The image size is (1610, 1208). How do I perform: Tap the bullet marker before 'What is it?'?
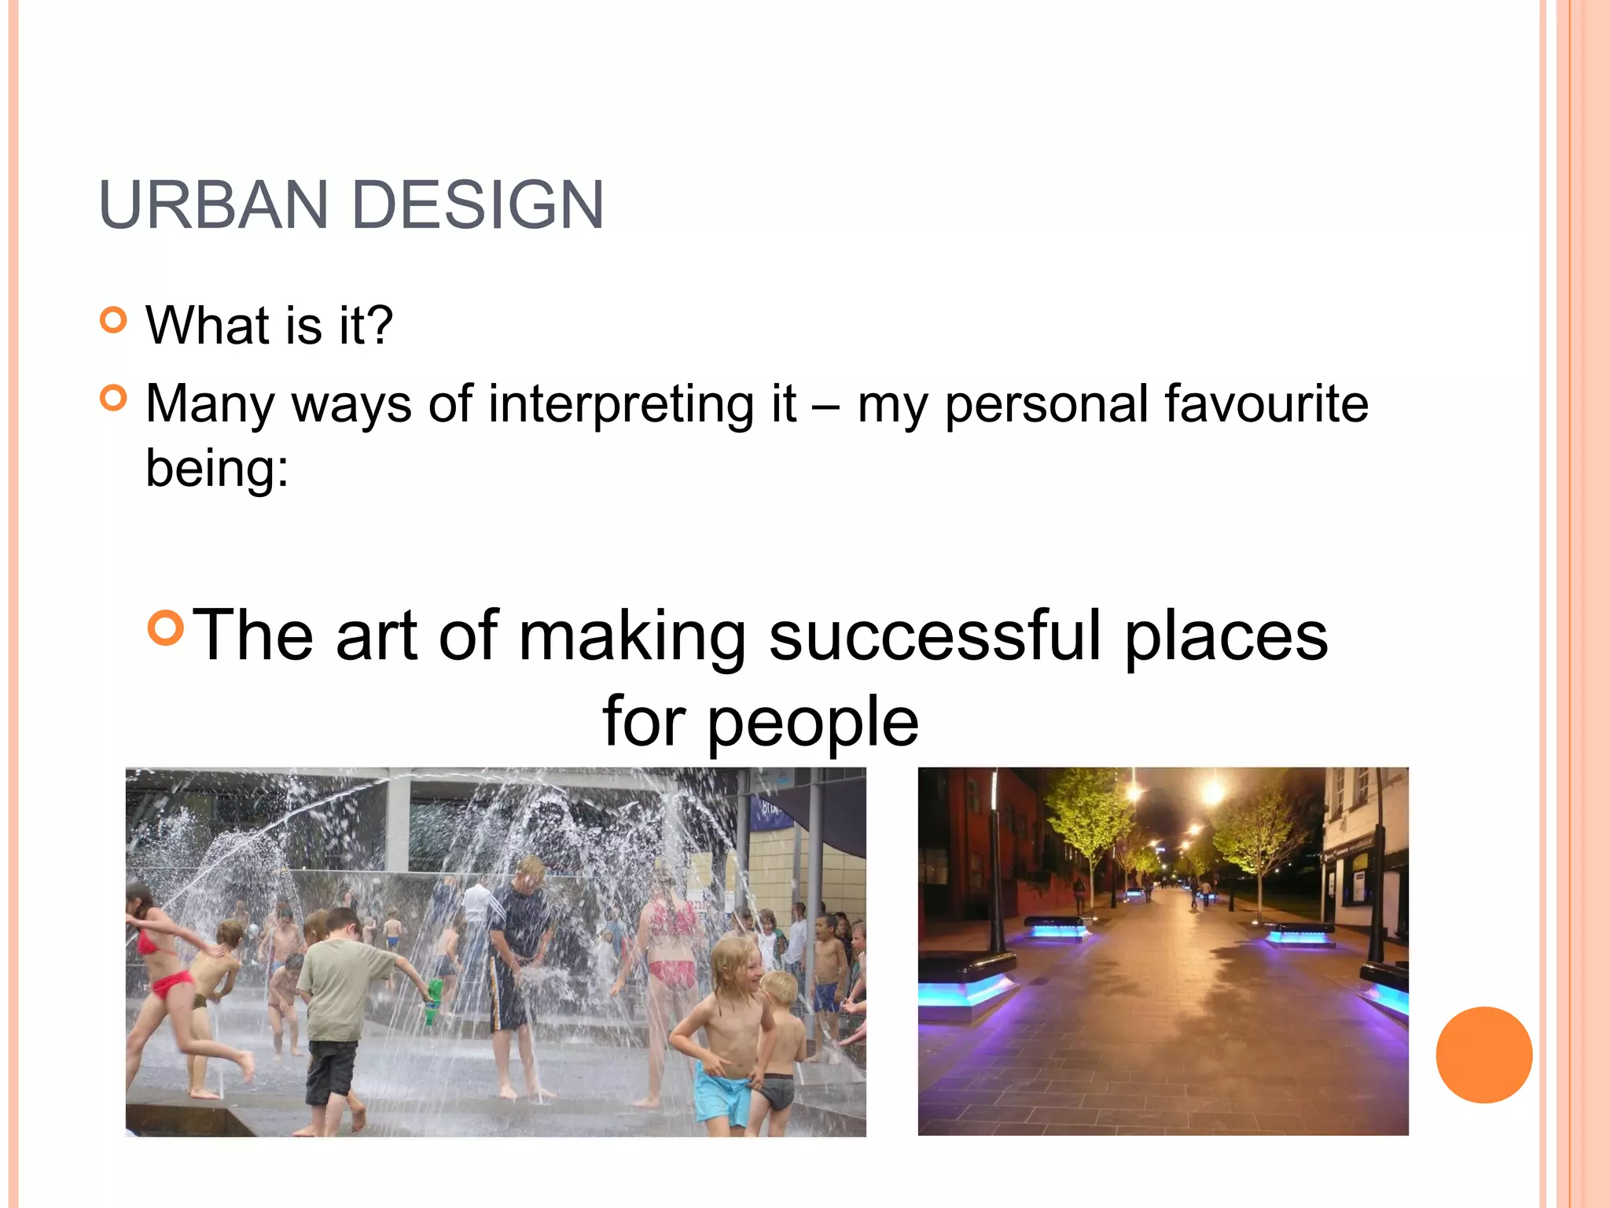pyautogui.click(x=114, y=320)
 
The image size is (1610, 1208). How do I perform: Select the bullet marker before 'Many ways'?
pyautogui.click(x=114, y=398)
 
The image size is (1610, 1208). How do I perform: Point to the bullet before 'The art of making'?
pyautogui.click(x=166, y=627)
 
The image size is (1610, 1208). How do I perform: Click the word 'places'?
pyautogui.click(x=1226, y=637)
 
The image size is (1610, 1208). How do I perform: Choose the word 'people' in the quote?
pyautogui.click(x=813, y=723)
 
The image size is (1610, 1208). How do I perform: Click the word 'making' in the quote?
pyautogui.click(x=631, y=637)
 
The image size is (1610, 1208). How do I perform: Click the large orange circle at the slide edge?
pyautogui.click(x=1483, y=1055)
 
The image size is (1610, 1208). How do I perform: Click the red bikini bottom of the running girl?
pyautogui.click(x=173, y=983)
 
